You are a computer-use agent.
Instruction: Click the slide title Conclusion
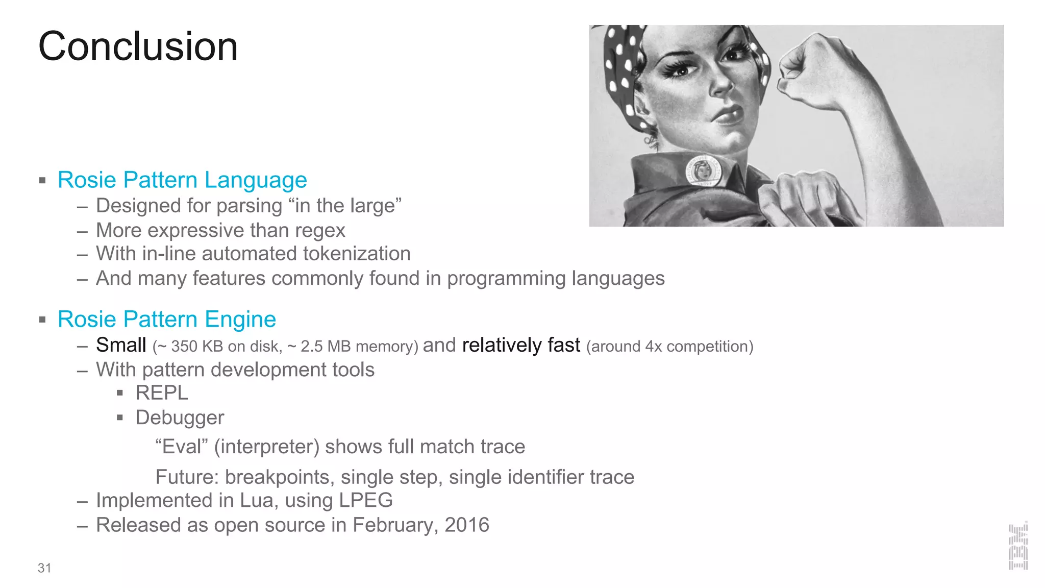pyautogui.click(x=138, y=46)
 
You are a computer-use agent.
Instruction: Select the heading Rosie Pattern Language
pyautogui.click(x=182, y=180)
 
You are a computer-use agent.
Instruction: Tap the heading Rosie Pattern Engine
pyautogui.click(x=167, y=319)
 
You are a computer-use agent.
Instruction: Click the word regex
pyautogui.click(x=320, y=231)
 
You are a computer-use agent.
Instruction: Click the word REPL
pyautogui.click(x=162, y=393)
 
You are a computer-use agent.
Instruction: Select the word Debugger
pyautogui.click(x=180, y=418)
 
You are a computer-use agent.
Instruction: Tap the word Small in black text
pyautogui.click(x=121, y=345)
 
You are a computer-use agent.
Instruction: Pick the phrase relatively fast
pyautogui.click(x=521, y=345)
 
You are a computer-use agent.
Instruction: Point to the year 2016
pyautogui.click(x=467, y=525)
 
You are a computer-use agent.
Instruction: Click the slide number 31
pyautogui.click(x=44, y=568)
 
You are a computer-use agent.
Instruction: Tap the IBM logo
pyautogui.click(x=1018, y=546)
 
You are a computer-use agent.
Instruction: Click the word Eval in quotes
pyautogui.click(x=182, y=447)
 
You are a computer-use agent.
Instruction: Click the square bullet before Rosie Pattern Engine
pyautogui.click(x=42, y=320)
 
